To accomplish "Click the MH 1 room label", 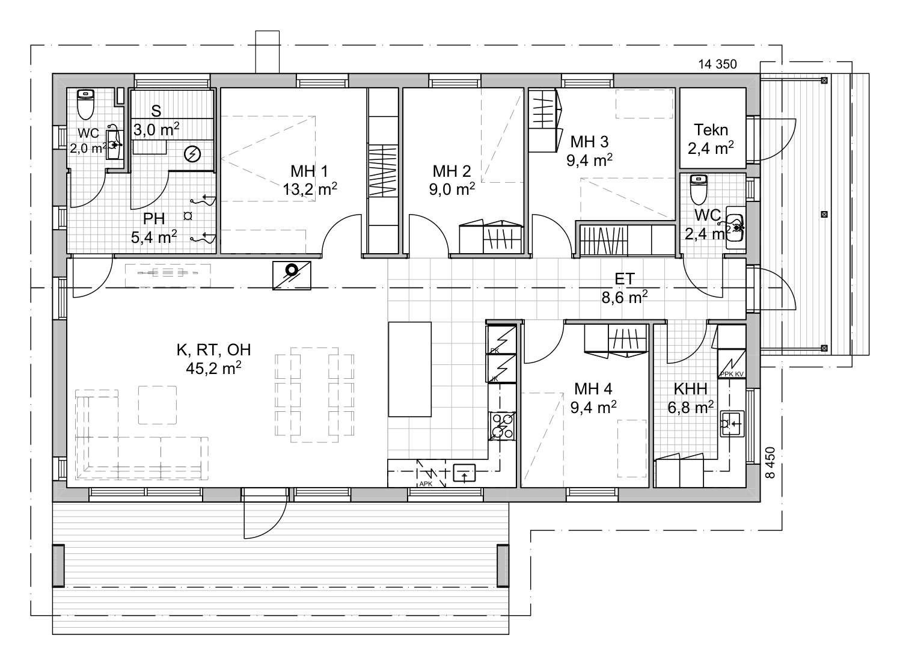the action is click(309, 171).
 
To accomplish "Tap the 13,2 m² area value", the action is click(310, 189).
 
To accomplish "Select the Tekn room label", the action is click(711, 130).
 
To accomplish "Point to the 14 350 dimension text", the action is click(717, 64).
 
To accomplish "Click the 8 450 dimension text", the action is click(770, 463).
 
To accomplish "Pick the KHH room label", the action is click(690, 389).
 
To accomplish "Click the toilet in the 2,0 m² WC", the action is click(85, 105).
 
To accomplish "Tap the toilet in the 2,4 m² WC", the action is click(699, 189).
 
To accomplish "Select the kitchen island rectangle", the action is click(409, 369).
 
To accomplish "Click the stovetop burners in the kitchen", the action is click(503, 426).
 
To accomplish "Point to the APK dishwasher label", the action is click(426, 483).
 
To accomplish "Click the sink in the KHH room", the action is click(732, 424).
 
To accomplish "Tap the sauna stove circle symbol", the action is click(192, 154).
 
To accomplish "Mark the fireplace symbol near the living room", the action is click(292, 275).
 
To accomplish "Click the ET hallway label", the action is click(625, 280).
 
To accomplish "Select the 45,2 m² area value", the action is click(213, 368).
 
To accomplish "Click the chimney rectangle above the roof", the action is click(267, 52).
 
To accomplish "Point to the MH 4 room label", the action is click(593, 389).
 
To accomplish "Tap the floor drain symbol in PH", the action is click(188, 216).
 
